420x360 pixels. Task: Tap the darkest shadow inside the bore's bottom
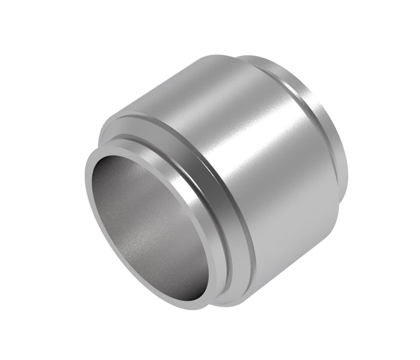[x=170, y=288]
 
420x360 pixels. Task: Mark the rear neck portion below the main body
[x=329, y=226]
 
